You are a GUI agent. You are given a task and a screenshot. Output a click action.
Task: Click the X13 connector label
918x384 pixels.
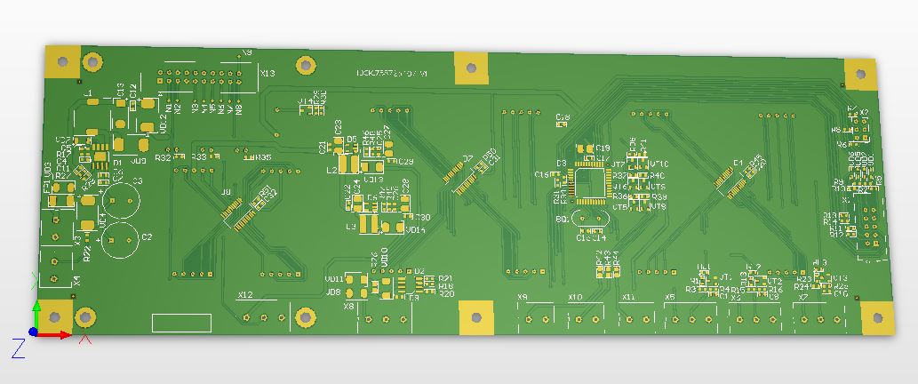(x=267, y=73)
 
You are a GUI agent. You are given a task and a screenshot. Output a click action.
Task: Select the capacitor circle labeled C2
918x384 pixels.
(x=120, y=238)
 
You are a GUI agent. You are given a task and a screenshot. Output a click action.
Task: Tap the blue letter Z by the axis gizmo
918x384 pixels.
(x=16, y=348)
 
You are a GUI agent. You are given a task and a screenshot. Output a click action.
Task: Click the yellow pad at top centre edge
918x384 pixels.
(x=471, y=68)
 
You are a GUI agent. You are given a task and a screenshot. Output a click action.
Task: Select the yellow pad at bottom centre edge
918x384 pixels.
(x=475, y=316)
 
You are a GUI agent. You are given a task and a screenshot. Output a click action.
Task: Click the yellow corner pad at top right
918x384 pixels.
(x=859, y=75)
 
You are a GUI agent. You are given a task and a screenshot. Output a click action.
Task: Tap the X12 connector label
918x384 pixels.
(x=245, y=294)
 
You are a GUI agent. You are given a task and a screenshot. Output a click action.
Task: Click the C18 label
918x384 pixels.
(x=563, y=117)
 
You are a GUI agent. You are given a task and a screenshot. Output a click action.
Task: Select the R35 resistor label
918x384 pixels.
(x=264, y=157)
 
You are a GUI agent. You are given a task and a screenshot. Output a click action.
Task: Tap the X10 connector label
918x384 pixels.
(x=575, y=296)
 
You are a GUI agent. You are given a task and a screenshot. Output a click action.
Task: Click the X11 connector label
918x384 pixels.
(x=629, y=296)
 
